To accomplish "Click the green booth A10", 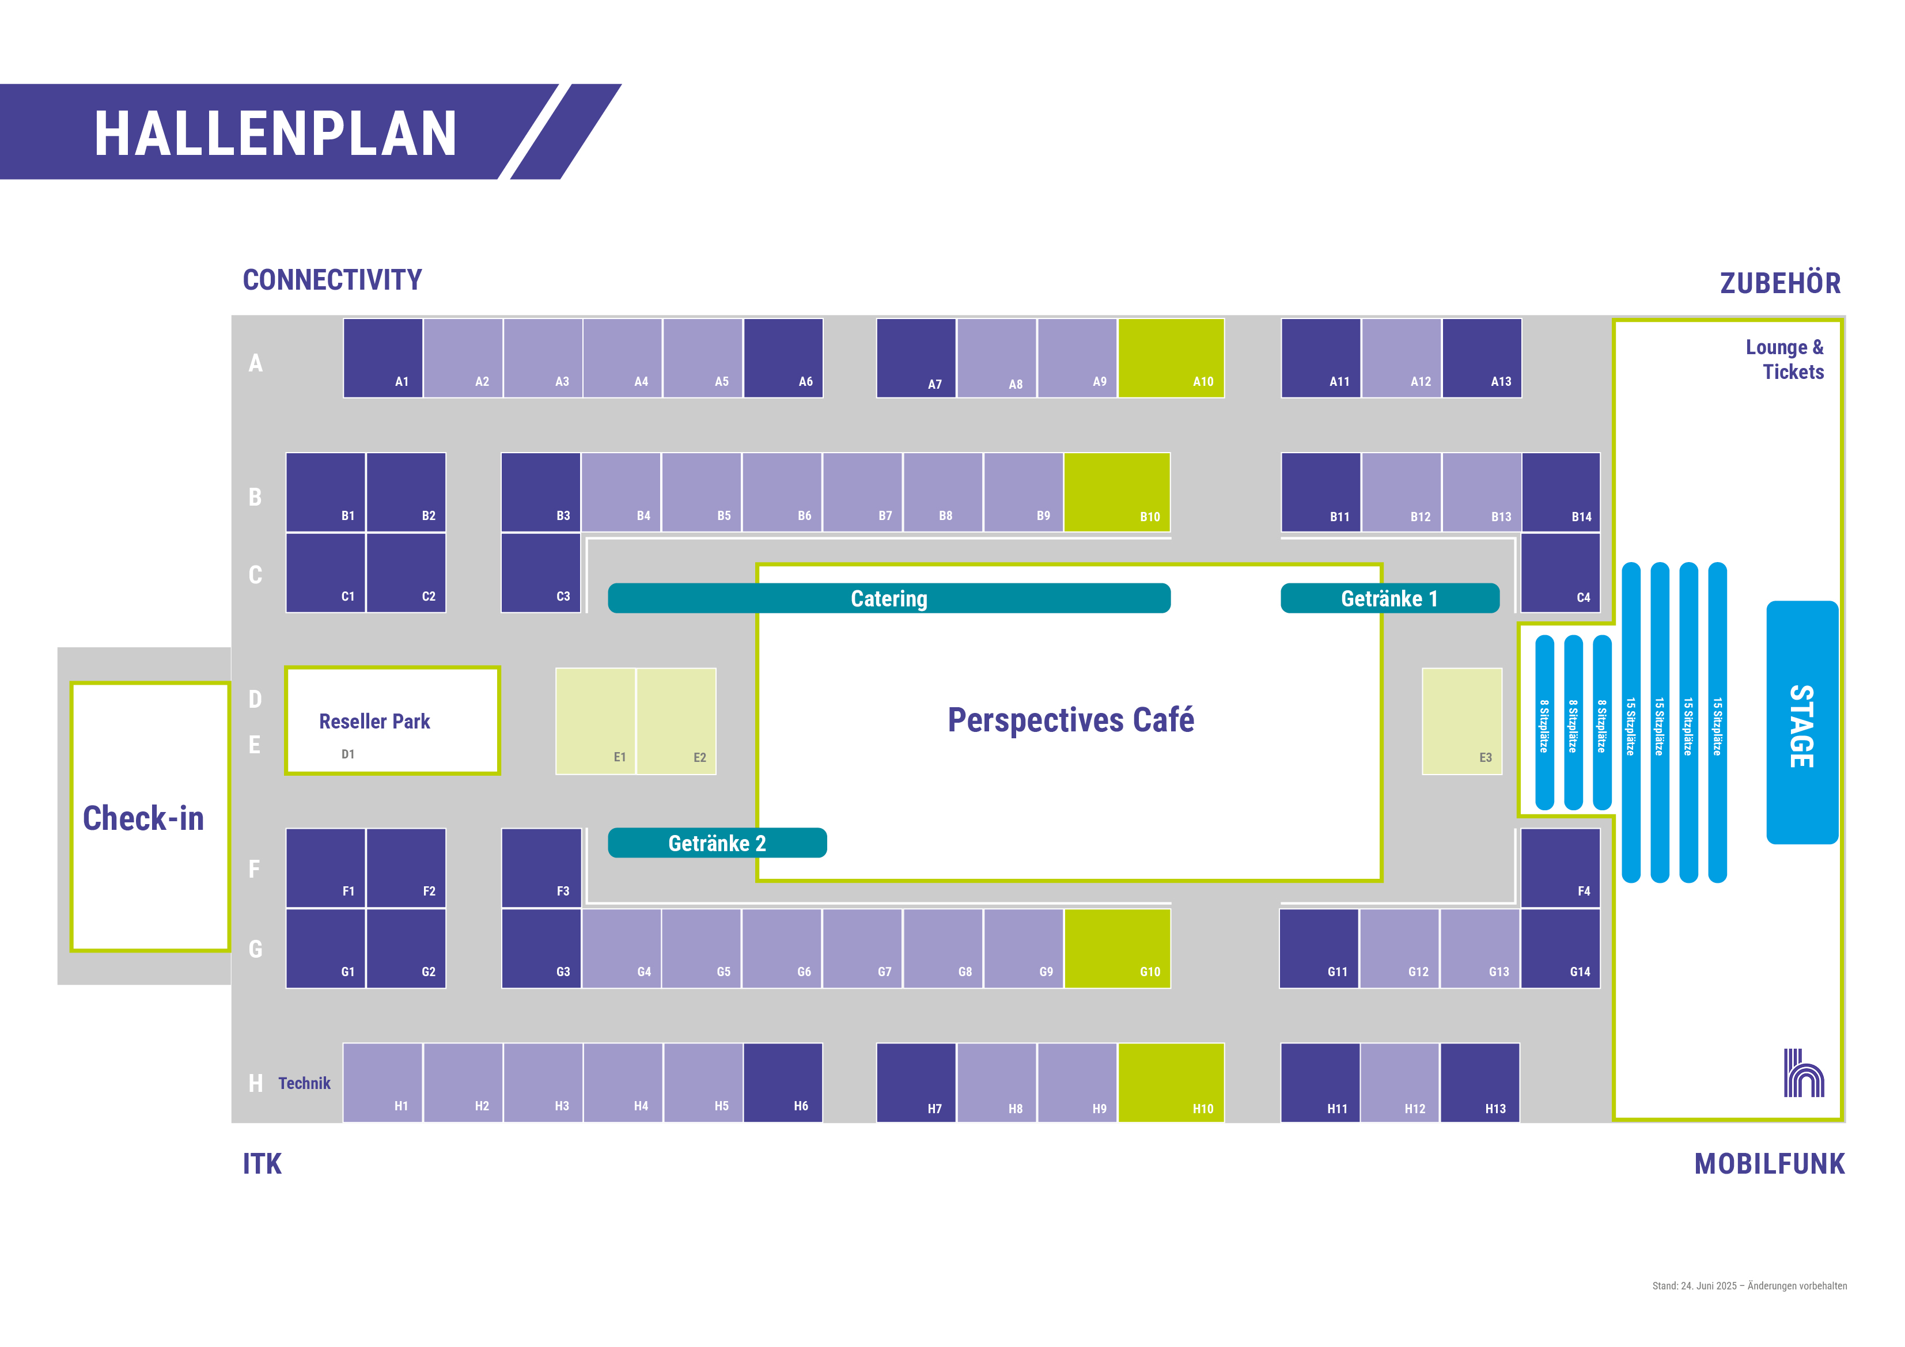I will pyautogui.click(x=1171, y=358).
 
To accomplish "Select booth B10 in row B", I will pyautogui.click(x=1117, y=492).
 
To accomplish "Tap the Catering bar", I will pyautogui.click(x=889, y=598).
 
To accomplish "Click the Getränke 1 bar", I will pyautogui.click(x=1390, y=598).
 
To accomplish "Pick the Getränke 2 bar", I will pyautogui.click(x=717, y=843).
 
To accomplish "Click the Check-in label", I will pyautogui.click(x=143, y=818).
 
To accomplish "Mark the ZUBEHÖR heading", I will pyautogui.click(x=1780, y=283).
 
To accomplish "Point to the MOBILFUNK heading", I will pyautogui.click(x=1769, y=1164).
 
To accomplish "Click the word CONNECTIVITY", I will pyautogui.click(x=332, y=280).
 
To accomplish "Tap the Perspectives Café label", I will pyautogui.click(x=1070, y=720).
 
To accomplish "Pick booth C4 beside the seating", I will pyautogui.click(x=1560, y=572).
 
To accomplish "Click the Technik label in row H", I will pyautogui.click(x=304, y=1083).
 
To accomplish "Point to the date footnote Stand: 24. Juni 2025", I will pyautogui.click(x=1749, y=1285).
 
